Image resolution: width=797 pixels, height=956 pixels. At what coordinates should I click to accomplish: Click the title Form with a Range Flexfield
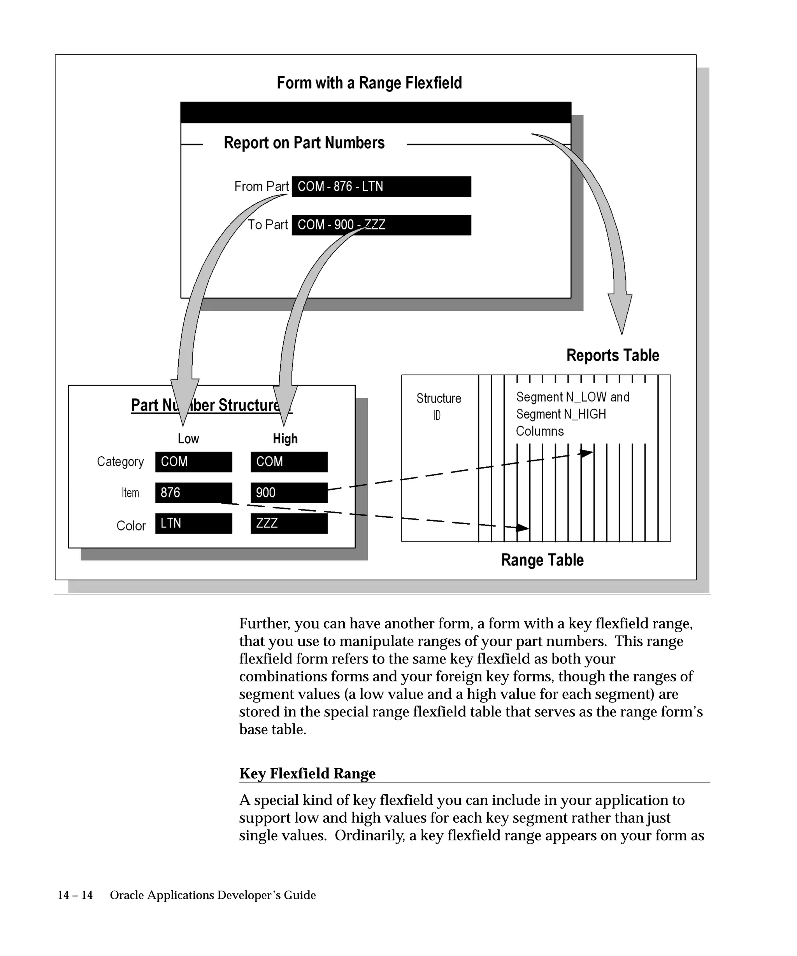(369, 83)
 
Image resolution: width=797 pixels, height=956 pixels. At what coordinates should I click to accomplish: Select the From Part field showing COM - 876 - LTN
(381, 187)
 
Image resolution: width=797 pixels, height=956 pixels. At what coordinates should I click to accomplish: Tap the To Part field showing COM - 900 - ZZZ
(381, 225)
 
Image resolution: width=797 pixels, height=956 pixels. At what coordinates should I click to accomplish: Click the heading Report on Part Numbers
(304, 143)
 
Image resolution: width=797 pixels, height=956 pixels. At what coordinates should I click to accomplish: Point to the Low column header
(188, 439)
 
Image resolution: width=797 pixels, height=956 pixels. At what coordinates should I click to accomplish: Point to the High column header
(285, 439)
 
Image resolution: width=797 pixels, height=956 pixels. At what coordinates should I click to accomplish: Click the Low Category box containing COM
(193, 462)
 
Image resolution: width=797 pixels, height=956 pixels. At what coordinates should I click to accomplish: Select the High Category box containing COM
(289, 462)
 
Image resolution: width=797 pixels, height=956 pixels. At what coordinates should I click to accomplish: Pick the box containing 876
(193, 492)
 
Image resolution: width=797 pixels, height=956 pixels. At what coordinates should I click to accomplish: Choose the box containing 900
(289, 492)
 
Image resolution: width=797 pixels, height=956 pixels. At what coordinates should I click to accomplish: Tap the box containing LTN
(193, 524)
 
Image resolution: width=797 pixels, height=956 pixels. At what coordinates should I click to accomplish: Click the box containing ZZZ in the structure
(289, 524)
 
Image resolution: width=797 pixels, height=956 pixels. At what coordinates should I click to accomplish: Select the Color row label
(131, 526)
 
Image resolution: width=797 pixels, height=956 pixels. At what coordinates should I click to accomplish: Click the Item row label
(130, 493)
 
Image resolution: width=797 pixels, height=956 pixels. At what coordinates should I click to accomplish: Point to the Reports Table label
(613, 355)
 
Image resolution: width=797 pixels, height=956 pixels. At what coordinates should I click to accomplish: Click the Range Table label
(542, 560)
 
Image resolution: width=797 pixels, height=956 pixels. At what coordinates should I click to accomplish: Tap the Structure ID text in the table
(439, 406)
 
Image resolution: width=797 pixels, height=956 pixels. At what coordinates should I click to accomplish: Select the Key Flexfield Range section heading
(307, 774)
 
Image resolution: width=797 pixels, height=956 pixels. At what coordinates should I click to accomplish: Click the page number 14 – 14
(75, 895)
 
